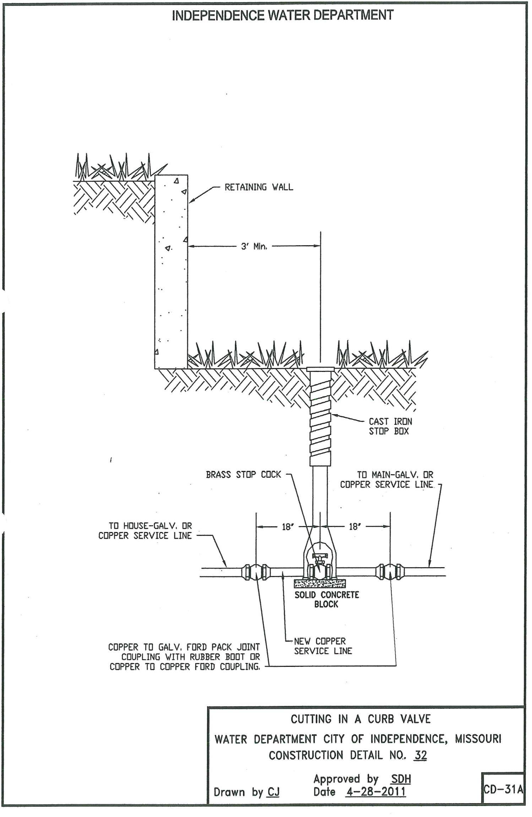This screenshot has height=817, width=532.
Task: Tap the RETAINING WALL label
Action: tap(259, 187)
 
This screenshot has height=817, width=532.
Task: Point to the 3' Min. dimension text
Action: tap(254, 246)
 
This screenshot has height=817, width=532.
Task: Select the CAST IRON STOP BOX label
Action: tap(390, 426)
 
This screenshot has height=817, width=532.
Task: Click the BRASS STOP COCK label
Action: tap(243, 475)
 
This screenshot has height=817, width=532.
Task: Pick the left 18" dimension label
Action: tap(288, 527)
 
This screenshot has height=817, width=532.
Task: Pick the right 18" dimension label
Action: tap(354, 527)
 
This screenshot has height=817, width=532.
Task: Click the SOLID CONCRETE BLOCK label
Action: tap(327, 599)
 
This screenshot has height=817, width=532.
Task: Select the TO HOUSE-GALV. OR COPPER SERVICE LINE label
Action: tap(145, 531)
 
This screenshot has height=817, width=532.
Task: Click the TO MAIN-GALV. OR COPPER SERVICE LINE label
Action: tap(387, 479)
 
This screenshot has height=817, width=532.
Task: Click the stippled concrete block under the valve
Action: tap(320, 583)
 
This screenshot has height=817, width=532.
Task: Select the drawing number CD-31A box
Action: tap(503, 789)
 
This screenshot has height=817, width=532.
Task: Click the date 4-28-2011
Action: tap(375, 791)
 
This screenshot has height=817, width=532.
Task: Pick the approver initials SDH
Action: tap(401, 779)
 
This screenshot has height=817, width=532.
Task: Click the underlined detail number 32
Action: tap(420, 755)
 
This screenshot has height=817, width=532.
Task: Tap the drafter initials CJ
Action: tap(273, 792)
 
